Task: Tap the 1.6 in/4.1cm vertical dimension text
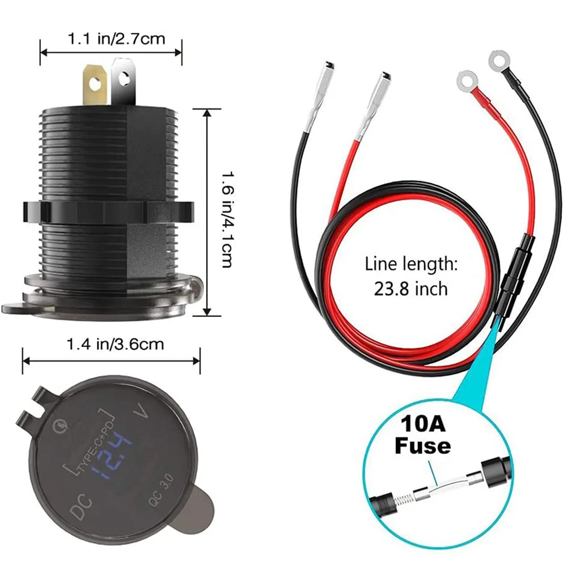coord(226,211)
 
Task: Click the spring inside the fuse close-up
coord(403,494)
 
